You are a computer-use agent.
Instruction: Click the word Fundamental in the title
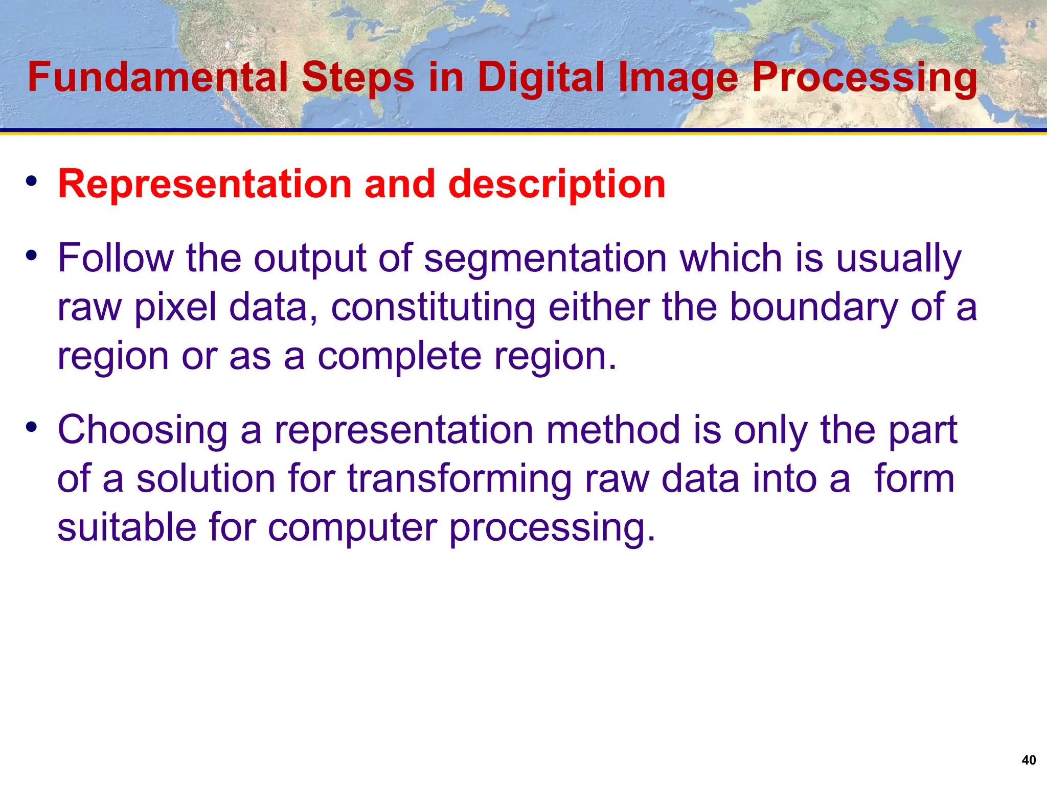(x=157, y=77)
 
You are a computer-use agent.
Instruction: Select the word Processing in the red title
(x=864, y=77)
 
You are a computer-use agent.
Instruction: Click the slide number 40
(x=1029, y=760)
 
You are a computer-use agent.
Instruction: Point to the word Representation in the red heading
(x=205, y=184)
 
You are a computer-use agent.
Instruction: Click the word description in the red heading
(x=557, y=184)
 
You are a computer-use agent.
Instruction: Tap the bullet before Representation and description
(x=32, y=181)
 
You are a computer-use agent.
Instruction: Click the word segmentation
(x=545, y=258)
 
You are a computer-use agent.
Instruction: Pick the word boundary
(x=813, y=307)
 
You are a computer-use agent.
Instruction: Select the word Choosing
(x=143, y=430)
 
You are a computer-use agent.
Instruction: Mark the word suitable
(x=127, y=527)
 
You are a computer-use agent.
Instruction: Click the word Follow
(x=116, y=258)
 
